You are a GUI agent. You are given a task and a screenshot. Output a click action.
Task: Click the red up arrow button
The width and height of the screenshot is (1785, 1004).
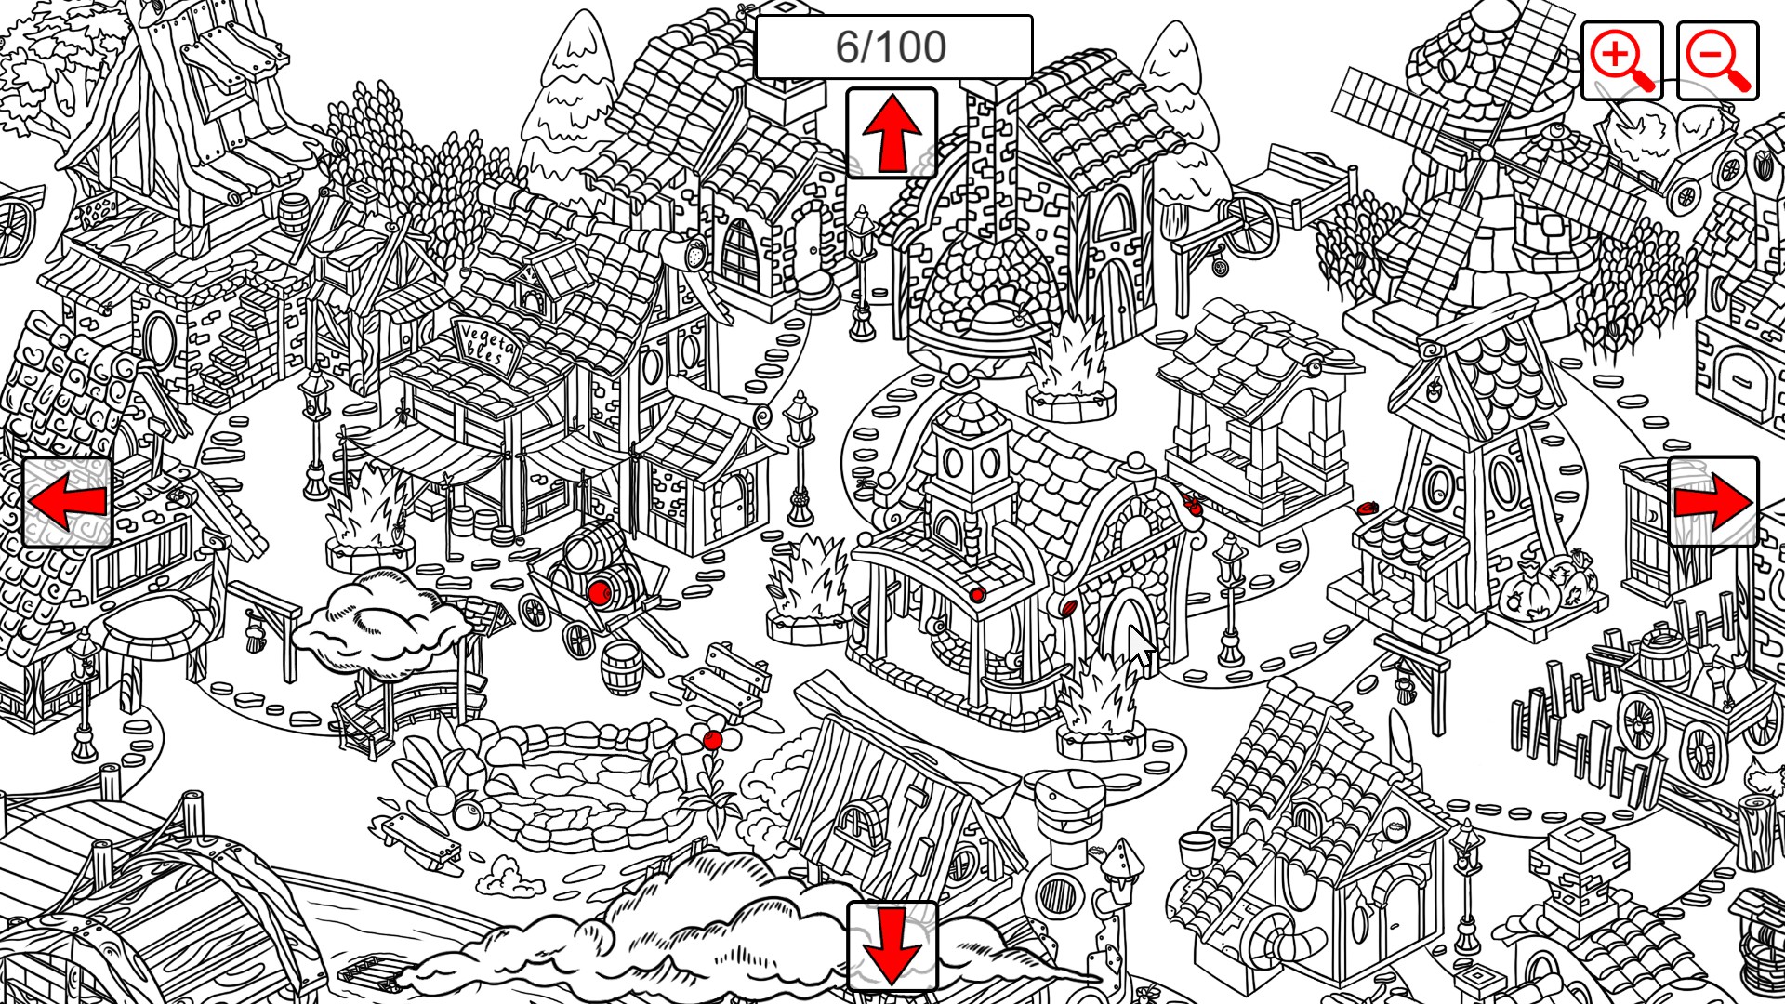tap(892, 133)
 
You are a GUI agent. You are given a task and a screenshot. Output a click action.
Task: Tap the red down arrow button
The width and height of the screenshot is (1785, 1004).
tap(892, 946)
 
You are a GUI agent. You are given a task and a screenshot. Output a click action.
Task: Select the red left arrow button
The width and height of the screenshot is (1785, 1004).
tap(67, 502)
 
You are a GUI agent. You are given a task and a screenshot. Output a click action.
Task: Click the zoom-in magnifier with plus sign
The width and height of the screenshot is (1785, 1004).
tap(1621, 60)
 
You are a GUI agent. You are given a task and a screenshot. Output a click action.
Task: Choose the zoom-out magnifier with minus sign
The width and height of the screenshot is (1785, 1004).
tap(1718, 60)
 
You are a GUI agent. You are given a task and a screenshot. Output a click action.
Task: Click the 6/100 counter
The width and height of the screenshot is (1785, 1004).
tap(893, 46)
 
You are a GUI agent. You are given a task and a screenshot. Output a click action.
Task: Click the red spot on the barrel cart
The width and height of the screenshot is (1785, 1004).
tap(600, 593)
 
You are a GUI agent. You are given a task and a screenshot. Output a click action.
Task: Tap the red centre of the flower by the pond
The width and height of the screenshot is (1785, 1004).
tap(712, 740)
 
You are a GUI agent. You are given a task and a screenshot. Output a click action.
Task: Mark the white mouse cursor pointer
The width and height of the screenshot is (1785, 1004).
tap(1141, 646)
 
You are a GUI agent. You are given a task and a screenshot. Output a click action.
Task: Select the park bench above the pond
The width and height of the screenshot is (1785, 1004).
tap(725, 676)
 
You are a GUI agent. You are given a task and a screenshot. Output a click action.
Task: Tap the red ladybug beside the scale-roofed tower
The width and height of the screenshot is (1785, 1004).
tap(1367, 509)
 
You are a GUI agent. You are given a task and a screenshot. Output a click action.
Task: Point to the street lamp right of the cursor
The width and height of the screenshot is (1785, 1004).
tap(1231, 595)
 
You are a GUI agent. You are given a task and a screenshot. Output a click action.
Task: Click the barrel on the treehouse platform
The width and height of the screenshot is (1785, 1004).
tap(293, 216)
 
